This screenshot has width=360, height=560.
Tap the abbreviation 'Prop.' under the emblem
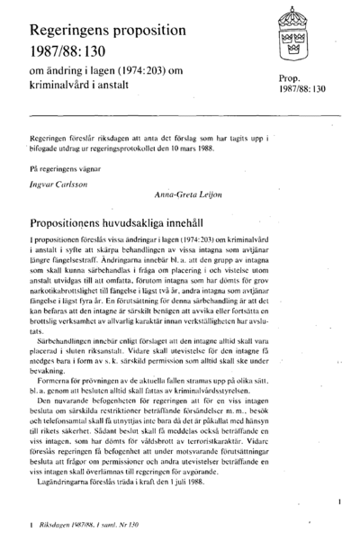click(x=292, y=79)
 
